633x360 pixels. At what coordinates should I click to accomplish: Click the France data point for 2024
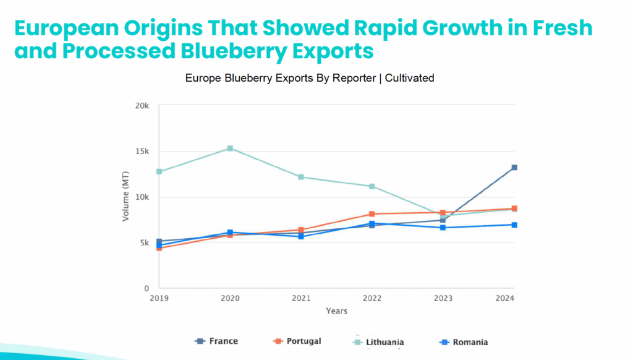[x=514, y=168]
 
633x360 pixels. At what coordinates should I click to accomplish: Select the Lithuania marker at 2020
[x=230, y=148]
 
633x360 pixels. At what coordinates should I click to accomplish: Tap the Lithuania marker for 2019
[x=159, y=171]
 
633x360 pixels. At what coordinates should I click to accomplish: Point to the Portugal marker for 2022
[x=372, y=214]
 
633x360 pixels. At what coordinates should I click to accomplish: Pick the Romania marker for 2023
[x=443, y=228]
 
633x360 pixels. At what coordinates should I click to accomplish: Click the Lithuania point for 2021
[x=301, y=177]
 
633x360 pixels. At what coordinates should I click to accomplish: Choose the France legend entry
[x=216, y=341]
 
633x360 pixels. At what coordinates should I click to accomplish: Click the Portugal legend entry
[x=297, y=341]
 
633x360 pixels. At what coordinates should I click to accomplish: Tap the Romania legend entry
[x=463, y=342]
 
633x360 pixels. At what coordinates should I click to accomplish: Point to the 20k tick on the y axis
[x=143, y=106]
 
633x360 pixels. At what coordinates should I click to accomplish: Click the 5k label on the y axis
[x=145, y=243]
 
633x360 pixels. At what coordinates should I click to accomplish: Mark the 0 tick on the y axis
[x=147, y=289]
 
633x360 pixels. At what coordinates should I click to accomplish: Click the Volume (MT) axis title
[x=125, y=197]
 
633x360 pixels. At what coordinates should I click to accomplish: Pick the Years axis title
[x=336, y=311]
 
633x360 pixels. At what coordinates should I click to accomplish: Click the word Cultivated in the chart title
[x=409, y=78]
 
